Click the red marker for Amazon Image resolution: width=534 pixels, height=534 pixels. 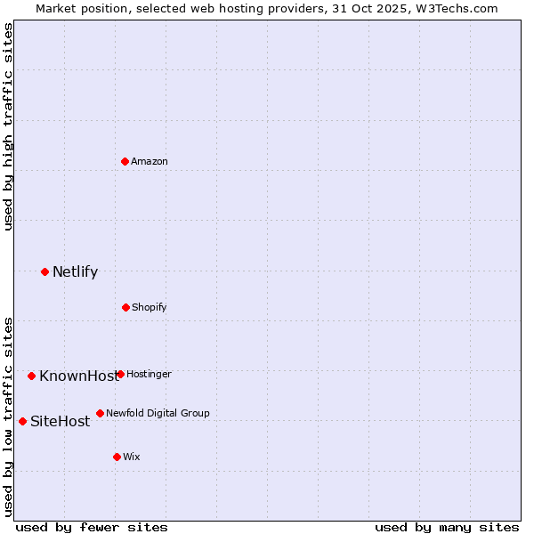pyautogui.click(x=125, y=161)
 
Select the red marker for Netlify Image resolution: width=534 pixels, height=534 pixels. pyautogui.click(x=44, y=271)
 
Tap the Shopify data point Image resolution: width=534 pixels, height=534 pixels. pyautogui.click(x=125, y=307)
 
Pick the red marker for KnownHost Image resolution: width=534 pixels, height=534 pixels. pyautogui.click(x=31, y=376)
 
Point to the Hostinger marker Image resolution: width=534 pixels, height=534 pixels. pyautogui.click(x=120, y=374)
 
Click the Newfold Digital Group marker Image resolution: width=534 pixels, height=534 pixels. pyautogui.click(x=100, y=413)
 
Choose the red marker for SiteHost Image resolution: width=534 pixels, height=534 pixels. pyautogui.click(x=22, y=421)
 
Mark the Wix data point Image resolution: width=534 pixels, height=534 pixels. pyautogui.click(x=117, y=457)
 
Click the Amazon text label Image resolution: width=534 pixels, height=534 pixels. pyautogui.click(x=150, y=161)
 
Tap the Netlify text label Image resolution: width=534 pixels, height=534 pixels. pyautogui.click(x=75, y=272)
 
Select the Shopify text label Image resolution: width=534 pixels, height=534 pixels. pyautogui.click(x=150, y=307)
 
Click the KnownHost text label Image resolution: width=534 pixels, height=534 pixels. pyautogui.click(x=77, y=376)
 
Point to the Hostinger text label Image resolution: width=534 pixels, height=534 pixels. pyautogui.click(x=149, y=374)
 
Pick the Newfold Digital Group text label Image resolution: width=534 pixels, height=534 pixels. pyautogui.click(x=158, y=413)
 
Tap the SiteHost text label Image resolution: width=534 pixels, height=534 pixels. pyautogui.click(x=60, y=422)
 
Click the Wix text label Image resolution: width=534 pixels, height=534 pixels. pyautogui.click(x=132, y=457)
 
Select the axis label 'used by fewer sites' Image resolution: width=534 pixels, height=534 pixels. pyautogui.click(x=92, y=527)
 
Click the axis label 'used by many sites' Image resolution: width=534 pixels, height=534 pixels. pyautogui.click(x=447, y=527)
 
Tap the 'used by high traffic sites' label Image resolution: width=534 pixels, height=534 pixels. pyautogui.click(x=8, y=126)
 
